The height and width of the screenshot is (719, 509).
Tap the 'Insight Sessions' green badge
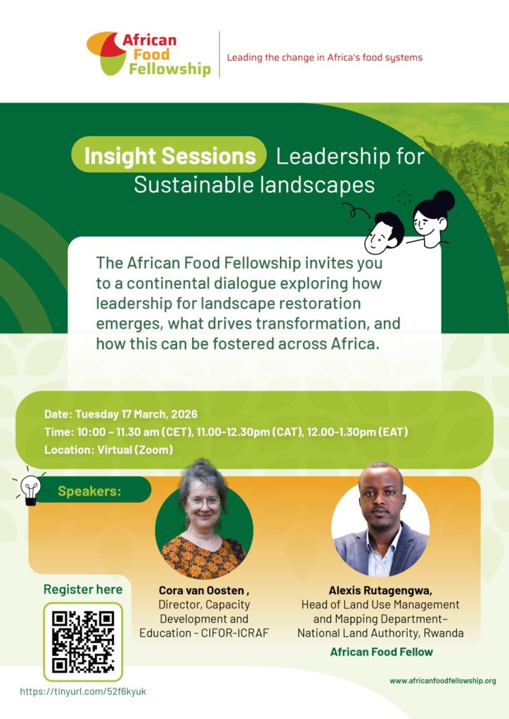(x=169, y=155)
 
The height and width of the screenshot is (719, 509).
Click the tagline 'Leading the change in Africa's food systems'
(x=325, y=58)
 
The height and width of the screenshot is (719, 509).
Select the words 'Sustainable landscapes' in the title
(x=254, y=185)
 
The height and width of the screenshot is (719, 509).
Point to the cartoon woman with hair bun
(x=432, y=216)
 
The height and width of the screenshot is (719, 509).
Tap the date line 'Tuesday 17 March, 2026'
(x=136, y=414)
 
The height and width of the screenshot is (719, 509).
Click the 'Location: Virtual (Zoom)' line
(x=108, y=449)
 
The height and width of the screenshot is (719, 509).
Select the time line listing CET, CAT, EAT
(x=225, y=431)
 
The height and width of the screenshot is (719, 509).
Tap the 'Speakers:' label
(x=89, y=491)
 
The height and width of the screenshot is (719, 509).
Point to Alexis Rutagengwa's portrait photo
(x=380, y=520)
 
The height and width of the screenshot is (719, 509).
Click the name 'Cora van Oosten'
(x=199, y=591)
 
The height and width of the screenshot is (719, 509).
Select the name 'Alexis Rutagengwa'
(x=380, y=591)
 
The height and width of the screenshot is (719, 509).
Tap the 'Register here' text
(x=83, y=589)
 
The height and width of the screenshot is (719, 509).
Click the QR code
(x=83, y=642)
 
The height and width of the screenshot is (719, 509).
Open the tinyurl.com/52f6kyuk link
(x=83, y=691)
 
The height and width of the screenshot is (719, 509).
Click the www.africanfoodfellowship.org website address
(x=443, y=680)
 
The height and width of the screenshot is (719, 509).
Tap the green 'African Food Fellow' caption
(x=381, y=652)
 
